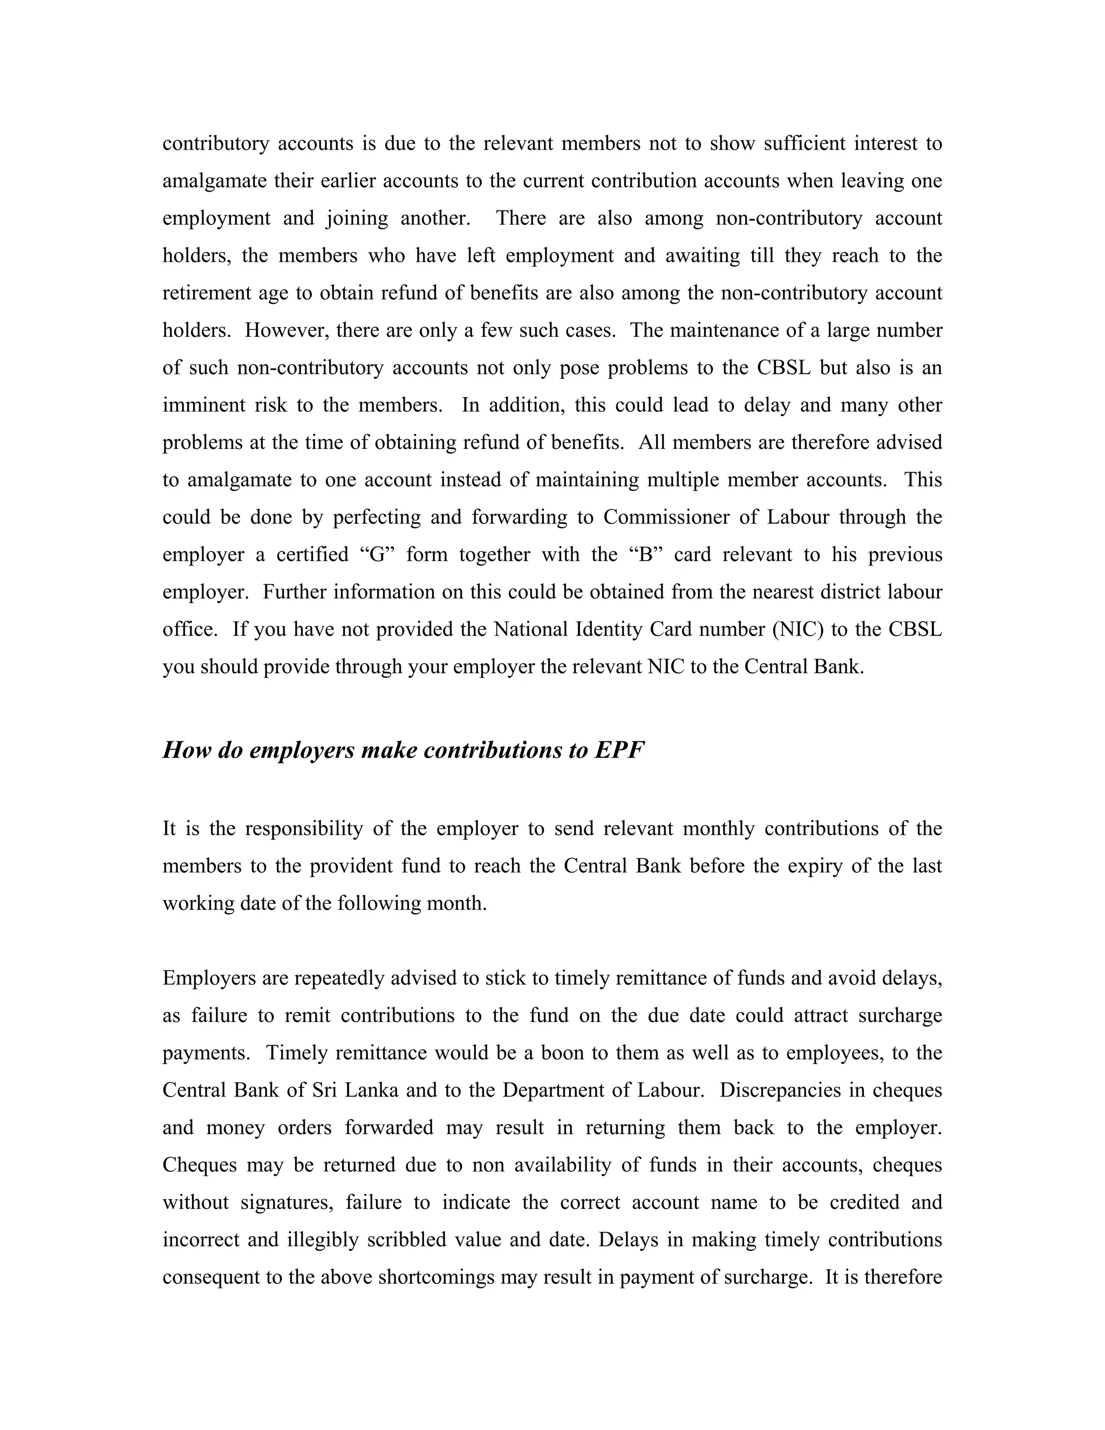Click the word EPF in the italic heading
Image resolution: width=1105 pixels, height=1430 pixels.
click(x=619, y=750)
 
